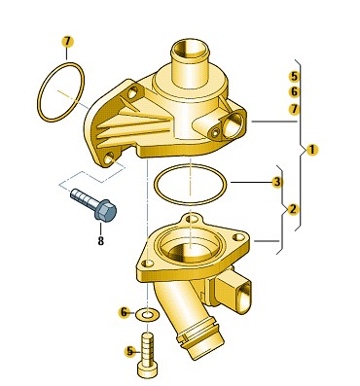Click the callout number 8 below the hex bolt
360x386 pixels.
coord(101,240)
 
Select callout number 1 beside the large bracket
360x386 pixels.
coord(312,150)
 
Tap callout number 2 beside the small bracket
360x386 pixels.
coord(293,209)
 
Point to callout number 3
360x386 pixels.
coord(276,182)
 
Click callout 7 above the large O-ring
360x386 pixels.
coord(67,42)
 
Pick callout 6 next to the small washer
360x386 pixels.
coord(125,312)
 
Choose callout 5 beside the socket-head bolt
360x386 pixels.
coord(130,351)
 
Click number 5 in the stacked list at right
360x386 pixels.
coord(294,77)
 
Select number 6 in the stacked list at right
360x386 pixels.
coord(294,92)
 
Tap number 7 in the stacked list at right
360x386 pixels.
coord(294,109)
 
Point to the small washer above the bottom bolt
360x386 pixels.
coord(148,314)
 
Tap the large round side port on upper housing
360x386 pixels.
coord(234,123)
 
